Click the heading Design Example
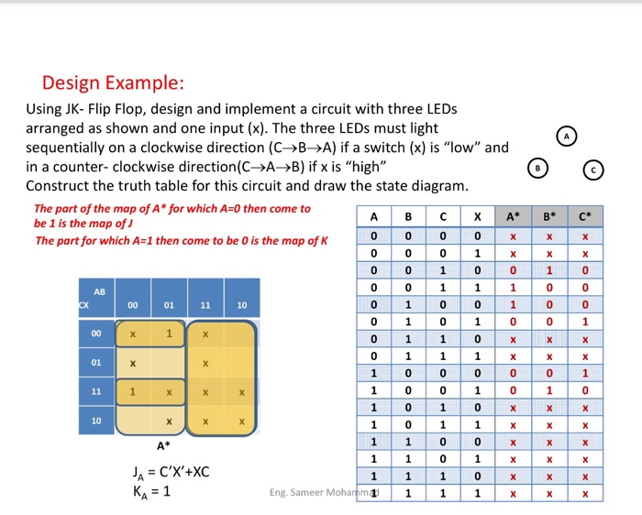coord(113,83)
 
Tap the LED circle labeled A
coord(567,136)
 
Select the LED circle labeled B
coord(538,169)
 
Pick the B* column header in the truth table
coord(548,217)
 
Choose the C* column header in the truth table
coord(584,217)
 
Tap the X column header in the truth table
coord(478,217)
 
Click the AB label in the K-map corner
coord(99,291)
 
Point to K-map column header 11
coord(205,304)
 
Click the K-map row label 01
coord(95,364)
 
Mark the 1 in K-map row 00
coord(170,334)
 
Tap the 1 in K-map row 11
coord(133,392)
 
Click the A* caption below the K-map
coord(162,446)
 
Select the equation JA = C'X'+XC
coord(171,472)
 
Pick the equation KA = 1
coord(151,490)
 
